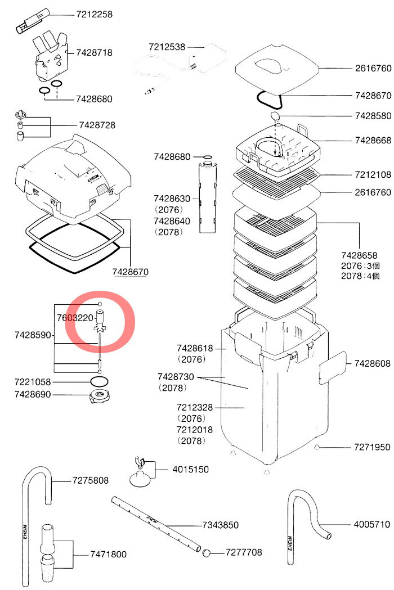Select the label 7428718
point(94,53)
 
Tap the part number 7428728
point(97,125)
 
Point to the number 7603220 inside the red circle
point(75,318)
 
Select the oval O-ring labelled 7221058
point(100,381)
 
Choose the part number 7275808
point(91,481)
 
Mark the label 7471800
point(108,555)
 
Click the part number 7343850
point(221,525)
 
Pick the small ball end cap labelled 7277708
point(207,553)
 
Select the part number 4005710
point(372,525)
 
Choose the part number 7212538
point(167,47)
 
